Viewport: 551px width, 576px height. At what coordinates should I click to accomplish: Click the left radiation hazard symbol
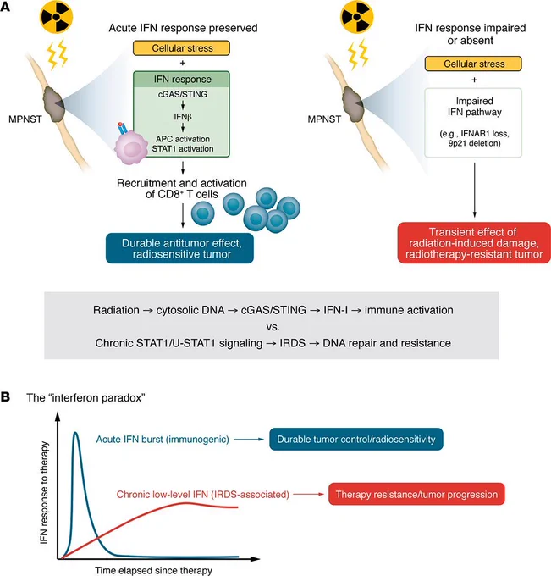click(56, 17)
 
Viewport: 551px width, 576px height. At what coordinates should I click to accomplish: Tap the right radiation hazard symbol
click(357, 17)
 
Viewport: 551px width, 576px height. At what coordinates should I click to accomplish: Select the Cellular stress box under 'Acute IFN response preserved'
click(181, 48)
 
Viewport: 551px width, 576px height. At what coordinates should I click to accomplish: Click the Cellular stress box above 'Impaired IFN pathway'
click(473, 64)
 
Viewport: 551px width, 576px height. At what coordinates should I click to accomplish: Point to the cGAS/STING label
click(183, 94)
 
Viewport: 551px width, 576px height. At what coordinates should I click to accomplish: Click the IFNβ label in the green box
click(183, 117)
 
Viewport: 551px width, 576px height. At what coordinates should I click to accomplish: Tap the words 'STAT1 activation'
click(183, 149)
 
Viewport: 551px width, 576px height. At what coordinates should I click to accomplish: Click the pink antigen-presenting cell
click(131, 147)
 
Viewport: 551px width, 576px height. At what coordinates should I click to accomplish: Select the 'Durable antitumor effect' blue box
click(180, 248)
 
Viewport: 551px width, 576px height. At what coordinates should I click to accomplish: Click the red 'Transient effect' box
click(474, 243)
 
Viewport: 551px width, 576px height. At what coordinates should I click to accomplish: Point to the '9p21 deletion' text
click(474, 143)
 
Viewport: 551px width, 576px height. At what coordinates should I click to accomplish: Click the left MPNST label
click(25, 119)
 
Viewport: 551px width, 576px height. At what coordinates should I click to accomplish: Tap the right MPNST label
click(324, 119)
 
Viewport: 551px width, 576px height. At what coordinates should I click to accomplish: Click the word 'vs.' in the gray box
click(273, 327)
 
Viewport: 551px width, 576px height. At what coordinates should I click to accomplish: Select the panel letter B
click(5, 397)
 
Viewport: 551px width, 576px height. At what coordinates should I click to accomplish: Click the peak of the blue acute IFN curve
click(75, 433)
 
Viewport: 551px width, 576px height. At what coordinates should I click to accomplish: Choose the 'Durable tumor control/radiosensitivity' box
click(356, 439)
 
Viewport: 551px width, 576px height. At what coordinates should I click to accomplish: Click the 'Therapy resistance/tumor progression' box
click(416, 494)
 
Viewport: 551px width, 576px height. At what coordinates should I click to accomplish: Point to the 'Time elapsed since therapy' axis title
click(153, 570)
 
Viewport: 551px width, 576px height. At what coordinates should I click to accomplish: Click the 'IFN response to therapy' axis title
click(44, 493)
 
